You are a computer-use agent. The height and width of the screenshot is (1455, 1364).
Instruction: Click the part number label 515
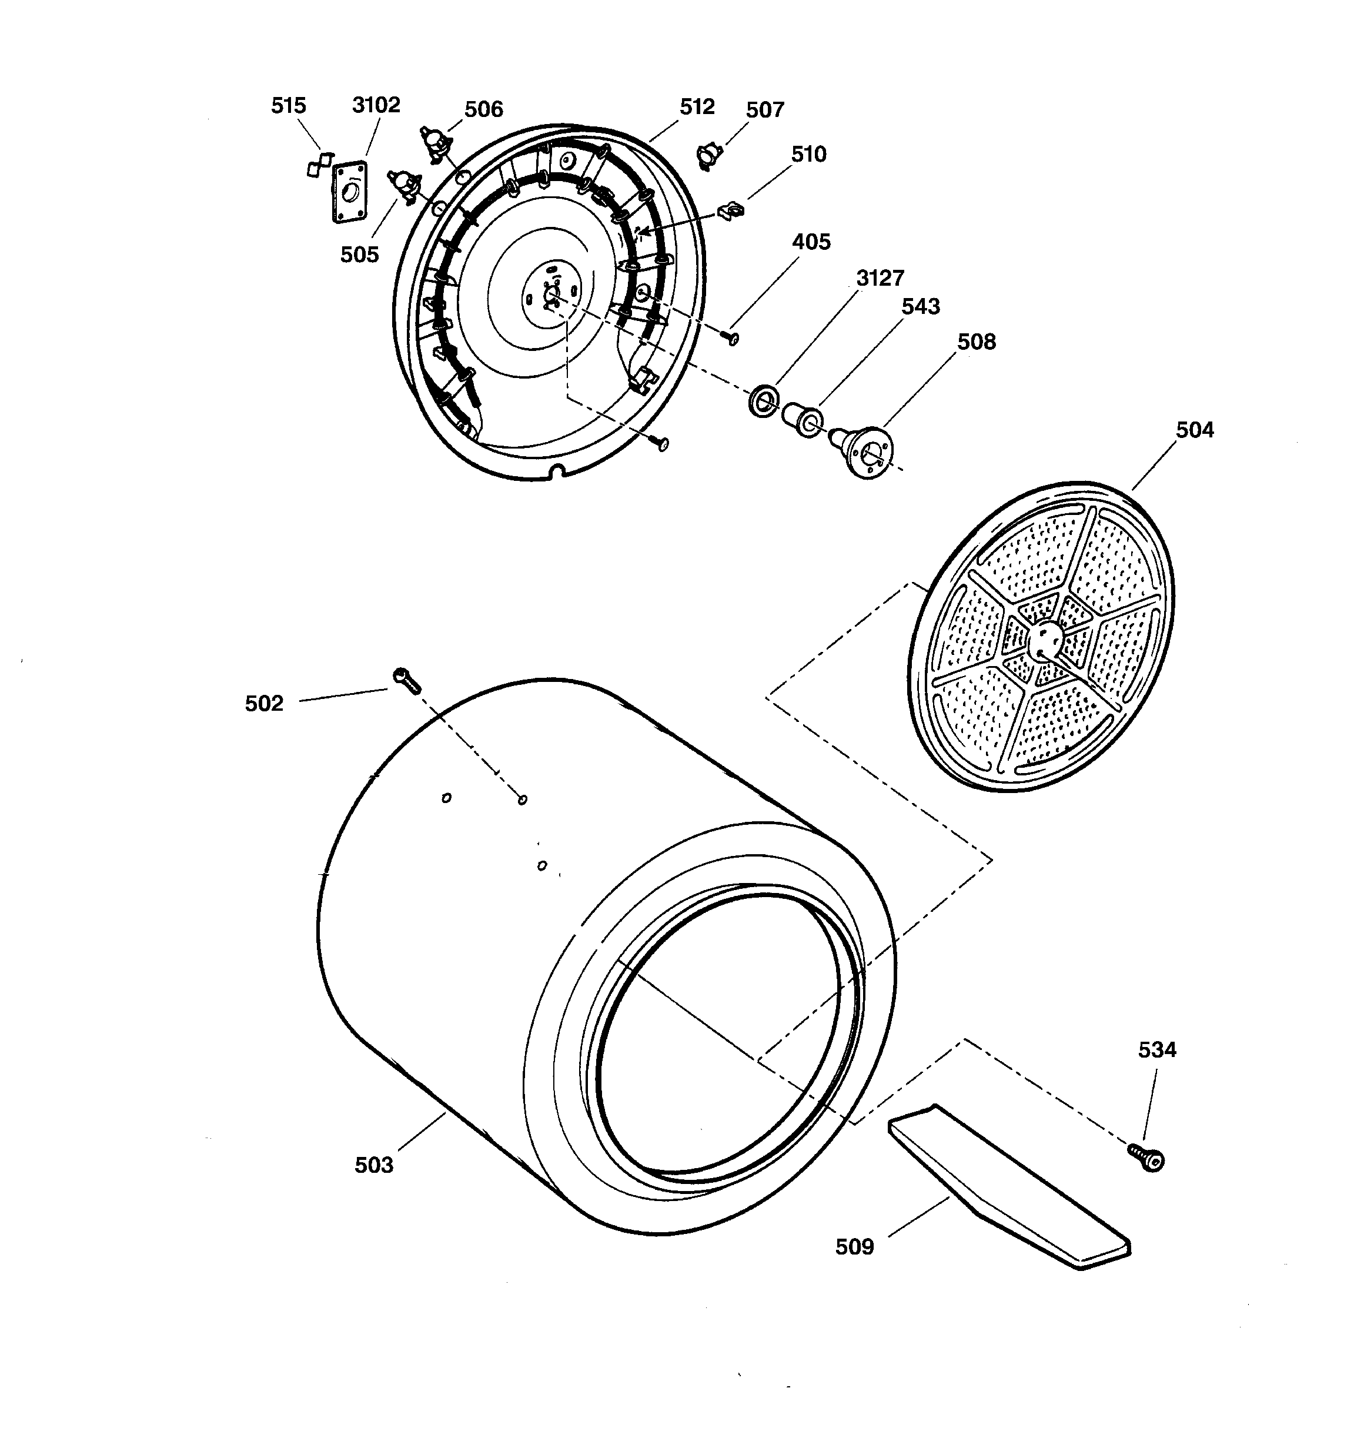289,105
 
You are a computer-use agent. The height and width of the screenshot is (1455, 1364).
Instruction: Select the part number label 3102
376,105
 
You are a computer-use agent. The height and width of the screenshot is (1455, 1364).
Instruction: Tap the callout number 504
1194,430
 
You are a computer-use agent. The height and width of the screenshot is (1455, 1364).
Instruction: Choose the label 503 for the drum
373,1165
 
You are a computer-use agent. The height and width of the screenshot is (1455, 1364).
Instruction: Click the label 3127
880,278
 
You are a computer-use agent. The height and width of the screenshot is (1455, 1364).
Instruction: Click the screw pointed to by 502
406,680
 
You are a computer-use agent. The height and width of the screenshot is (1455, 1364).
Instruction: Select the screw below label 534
1146,1157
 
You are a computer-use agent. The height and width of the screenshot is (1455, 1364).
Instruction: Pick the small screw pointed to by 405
731,337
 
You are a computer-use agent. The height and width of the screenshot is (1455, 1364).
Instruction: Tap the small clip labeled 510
731,211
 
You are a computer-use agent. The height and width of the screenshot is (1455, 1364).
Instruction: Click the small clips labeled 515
319,164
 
